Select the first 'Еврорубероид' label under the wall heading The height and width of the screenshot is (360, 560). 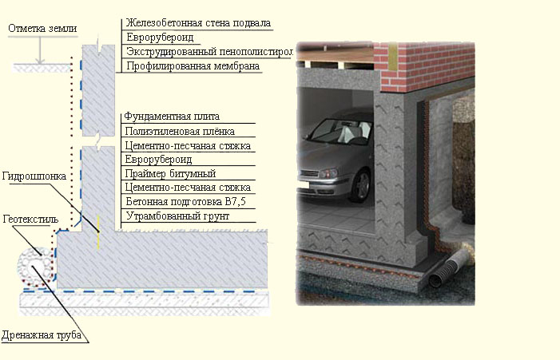tap(158, 37)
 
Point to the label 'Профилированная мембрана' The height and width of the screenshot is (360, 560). tap(192, 66)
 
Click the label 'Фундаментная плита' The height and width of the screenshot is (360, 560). tap(171, 117)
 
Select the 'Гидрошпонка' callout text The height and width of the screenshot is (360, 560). tap(33, 176)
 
